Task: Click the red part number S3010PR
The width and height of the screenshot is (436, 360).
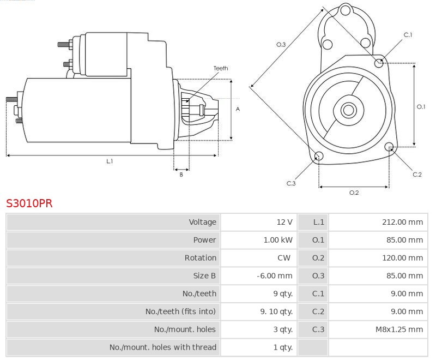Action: [x=29, y=203]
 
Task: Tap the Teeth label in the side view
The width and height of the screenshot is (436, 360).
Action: [x=221, y=68]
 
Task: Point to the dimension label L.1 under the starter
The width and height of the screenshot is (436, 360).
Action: [x=110, y=161]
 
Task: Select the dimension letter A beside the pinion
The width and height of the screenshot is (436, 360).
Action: [x=238, y=109]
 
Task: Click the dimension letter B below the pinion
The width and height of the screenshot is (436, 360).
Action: [x=181, y=175]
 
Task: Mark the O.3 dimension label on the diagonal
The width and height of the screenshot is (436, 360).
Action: [x=281, y=44]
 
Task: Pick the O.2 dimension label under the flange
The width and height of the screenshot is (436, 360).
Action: [x=354, y=192]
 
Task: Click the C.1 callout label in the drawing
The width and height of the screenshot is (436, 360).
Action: [x=408, y=35]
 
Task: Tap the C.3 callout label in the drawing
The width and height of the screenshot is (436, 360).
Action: [x=291, y=183]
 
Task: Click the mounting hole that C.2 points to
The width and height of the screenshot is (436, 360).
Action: [x=389, y=147]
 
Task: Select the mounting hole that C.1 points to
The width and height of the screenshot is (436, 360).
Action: [x=379, y=63]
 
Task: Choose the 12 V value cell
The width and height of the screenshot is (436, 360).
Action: [x=284, y=222]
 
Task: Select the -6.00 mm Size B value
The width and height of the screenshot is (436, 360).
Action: [x=275, y=276]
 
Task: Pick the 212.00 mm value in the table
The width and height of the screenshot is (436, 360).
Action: [x=402, y=222]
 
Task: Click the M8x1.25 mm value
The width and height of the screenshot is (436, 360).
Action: [x=399, y=329]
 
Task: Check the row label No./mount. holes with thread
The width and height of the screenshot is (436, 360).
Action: [x=163, y=347]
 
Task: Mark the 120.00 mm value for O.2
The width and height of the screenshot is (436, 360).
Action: [x=402, y=258]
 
